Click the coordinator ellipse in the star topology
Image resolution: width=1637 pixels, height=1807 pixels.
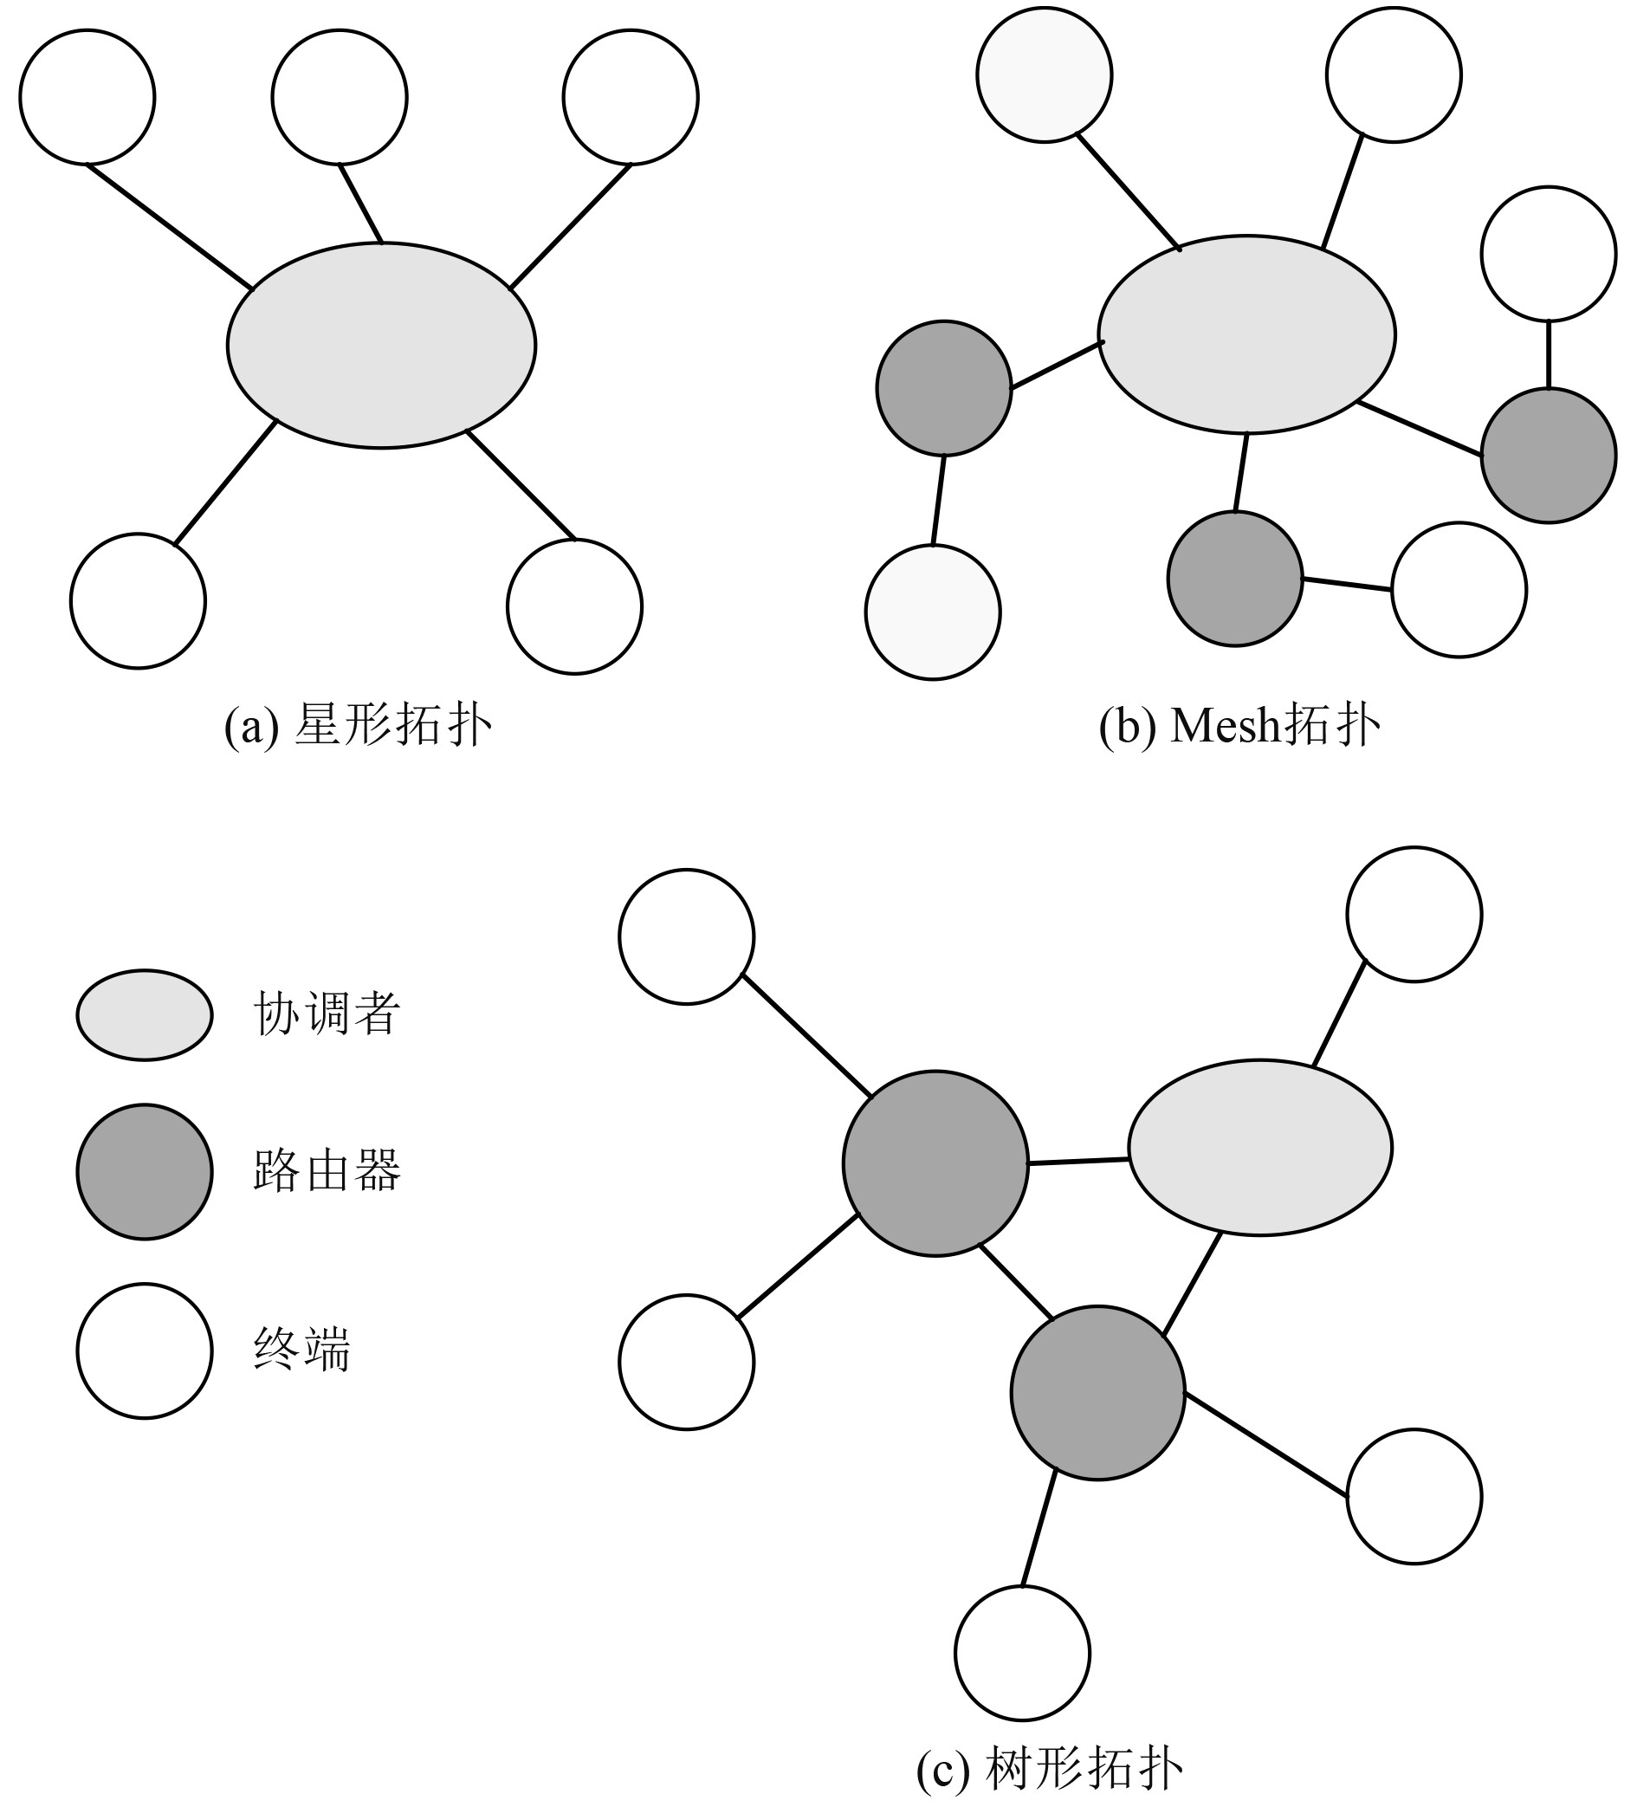tap(381, 345)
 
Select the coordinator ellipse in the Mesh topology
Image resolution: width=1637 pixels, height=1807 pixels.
tap(1246, 334)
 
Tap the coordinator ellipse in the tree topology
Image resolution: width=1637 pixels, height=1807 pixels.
tap(1259, 1147)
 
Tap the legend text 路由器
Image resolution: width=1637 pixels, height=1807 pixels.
tap(327, 1170)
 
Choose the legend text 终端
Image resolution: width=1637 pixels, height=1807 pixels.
tap(302, 1350)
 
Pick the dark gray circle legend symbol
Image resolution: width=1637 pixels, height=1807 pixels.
tap(145, 1171)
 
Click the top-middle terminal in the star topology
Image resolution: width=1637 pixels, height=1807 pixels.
tap(340, 97)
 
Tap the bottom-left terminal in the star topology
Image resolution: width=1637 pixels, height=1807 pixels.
tap(138, 600)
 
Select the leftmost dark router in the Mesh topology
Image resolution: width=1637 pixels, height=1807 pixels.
tap(943, 388)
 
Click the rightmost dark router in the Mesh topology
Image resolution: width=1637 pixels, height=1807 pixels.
tap(1549, 456)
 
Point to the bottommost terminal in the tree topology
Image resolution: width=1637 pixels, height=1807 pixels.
tap(1022, 1653)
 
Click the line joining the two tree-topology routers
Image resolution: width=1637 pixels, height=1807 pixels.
tap(1016, 1281)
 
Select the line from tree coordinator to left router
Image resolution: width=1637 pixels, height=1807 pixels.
tap(1077, 1162)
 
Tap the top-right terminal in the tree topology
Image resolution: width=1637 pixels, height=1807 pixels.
tap(1414, 914)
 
